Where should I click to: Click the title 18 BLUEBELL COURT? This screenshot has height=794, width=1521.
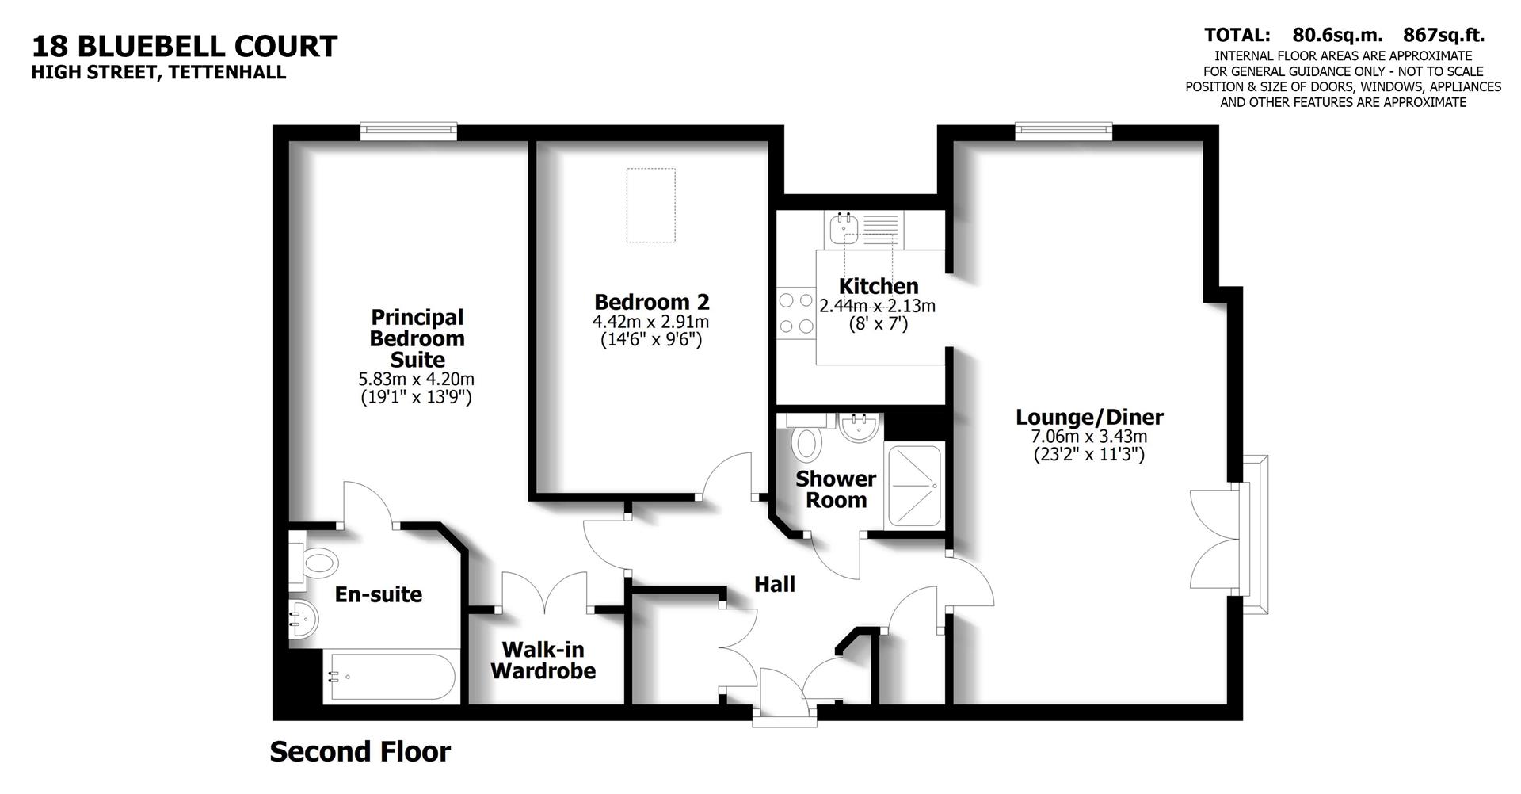tap(185, 46)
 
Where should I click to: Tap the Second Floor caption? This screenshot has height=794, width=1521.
tap(360, 751)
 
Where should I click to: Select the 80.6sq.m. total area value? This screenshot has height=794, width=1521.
tap(1337, 35)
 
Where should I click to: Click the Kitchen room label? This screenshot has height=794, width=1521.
tap(878, 286)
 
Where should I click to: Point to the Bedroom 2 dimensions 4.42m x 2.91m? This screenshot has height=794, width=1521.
tap(650, 322)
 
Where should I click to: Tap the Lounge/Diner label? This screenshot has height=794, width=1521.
tap(1089, 417)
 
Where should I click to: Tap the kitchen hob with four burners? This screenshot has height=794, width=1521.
tap(796, 313)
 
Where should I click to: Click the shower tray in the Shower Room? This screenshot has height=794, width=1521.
tap(915, 486)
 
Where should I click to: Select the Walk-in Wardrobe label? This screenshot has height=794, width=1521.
tap(543, 660)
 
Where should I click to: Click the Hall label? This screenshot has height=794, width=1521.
tap(774, 585)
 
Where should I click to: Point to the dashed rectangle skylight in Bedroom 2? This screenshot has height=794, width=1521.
tap(650, 204)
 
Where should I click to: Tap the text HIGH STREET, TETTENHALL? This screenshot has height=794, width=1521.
tap(158, 73)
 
